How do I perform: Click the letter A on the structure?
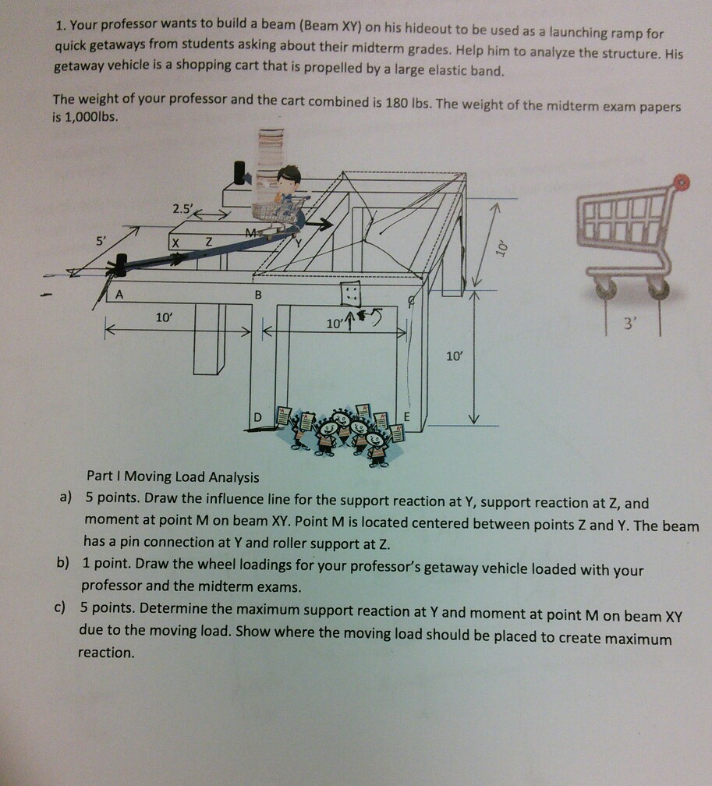pyautogui.click(x=119, y=295)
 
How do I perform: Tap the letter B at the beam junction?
pyautogui.click(x=258, y=295)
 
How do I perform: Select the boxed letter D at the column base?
pyautogui.click(x=257, y=417)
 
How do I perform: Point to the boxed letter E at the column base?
pyautogui.click(x=406, y=416)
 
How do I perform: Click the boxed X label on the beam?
pyautogui.click(x=175, y=243)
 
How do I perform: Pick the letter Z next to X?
pyautogui.click(x=208, y=242)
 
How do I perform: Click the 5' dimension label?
pyautogui.click(x=101, y=240)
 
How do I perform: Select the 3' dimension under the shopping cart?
pyautogui.click(x=629, y=324)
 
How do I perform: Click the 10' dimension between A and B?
pyautogui.click(x=164, y=317)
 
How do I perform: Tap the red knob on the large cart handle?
pyautogui.click(x=682, y=182)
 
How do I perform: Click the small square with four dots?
pyautogui.click(x=350, y=293)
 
